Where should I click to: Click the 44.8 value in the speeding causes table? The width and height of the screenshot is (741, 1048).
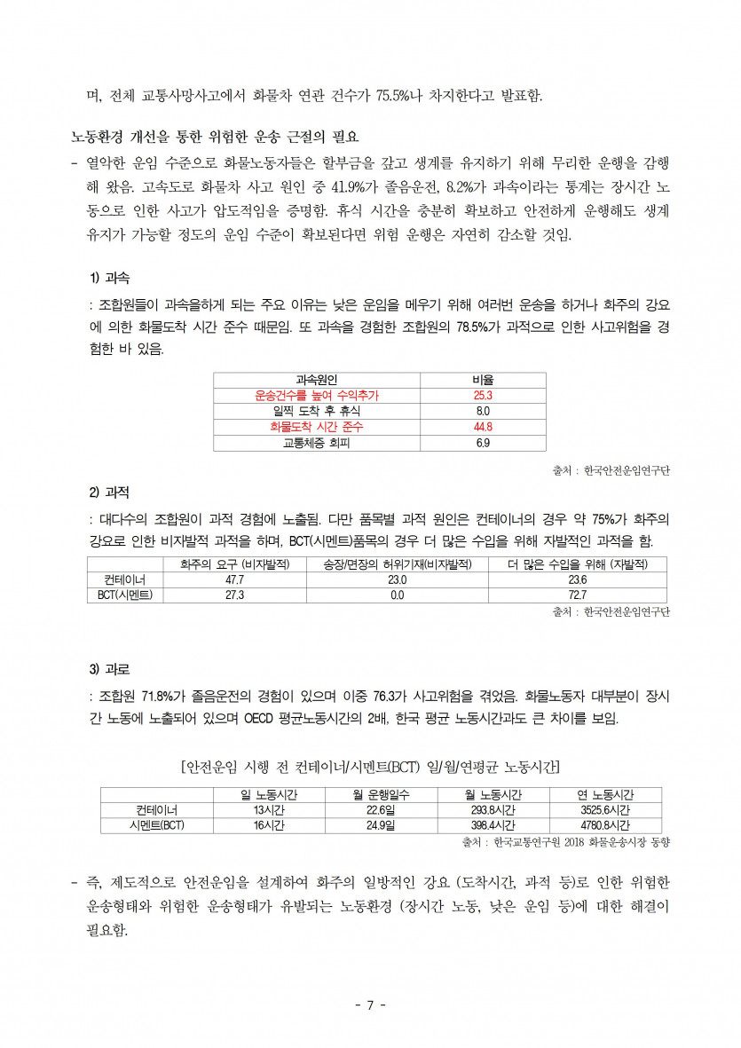click(484, 427)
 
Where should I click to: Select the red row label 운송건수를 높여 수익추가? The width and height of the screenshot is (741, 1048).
click(322, 395)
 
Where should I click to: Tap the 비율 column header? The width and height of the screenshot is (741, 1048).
click(484, 380)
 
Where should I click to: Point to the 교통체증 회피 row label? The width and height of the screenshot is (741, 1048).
click(317, 443)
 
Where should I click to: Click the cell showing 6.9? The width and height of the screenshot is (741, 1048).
click(484, 443)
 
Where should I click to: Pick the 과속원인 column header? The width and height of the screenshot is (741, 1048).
click(317, 380)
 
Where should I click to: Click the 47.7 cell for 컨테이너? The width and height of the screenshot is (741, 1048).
click(235, 579)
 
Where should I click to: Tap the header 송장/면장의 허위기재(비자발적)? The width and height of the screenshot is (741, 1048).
click(397, 564)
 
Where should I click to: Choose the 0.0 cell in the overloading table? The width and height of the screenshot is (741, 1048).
click(397, 595)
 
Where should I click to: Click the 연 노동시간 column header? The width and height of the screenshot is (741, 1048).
click(605, 794)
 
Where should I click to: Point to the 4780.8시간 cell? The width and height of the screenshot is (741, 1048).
click(605, 825)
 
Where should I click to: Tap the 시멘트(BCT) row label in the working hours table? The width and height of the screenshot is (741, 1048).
click(156, 825)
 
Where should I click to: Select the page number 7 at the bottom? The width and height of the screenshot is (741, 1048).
click(371, 1005)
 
